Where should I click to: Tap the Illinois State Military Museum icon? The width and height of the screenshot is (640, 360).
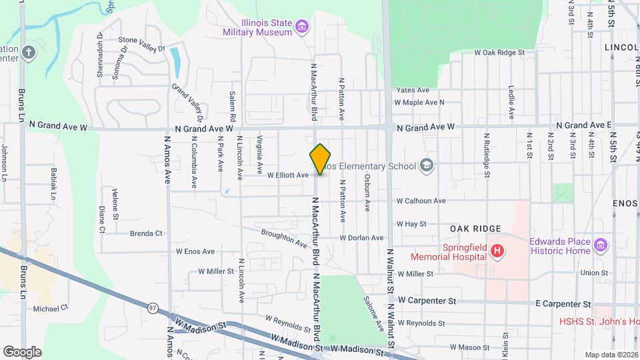pos(303,27)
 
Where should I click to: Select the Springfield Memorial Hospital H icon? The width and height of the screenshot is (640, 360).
pos(496,251)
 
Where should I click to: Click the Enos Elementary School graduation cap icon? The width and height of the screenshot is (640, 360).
pos(427,166)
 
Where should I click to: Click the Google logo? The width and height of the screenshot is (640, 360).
pos(23,351)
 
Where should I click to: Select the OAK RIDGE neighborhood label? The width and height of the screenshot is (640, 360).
pos(475,229)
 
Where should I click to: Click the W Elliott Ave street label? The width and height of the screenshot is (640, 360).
pos(288,175)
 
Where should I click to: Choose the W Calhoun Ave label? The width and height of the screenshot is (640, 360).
pos(421,201)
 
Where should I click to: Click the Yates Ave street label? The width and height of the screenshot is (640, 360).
pos(413,90)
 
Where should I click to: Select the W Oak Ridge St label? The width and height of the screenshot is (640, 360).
pos(500,52)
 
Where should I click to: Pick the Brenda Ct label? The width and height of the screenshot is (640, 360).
pos(146,233)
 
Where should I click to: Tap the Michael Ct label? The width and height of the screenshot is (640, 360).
pos(51,309)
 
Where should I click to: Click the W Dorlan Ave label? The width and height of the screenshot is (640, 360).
pos(361,237)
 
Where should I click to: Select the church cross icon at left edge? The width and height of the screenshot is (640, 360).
pos(28,53)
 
